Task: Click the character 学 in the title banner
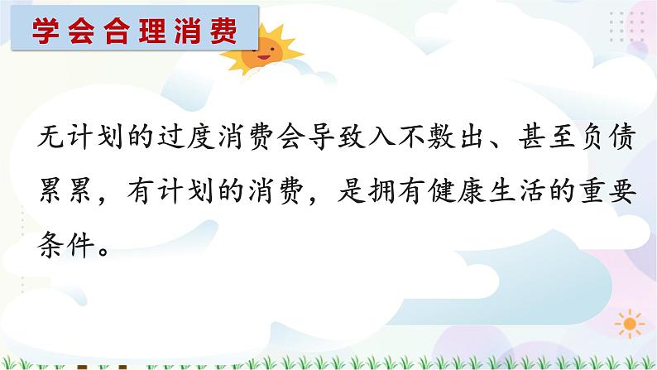point(48,31)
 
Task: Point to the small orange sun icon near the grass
point(631,322)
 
